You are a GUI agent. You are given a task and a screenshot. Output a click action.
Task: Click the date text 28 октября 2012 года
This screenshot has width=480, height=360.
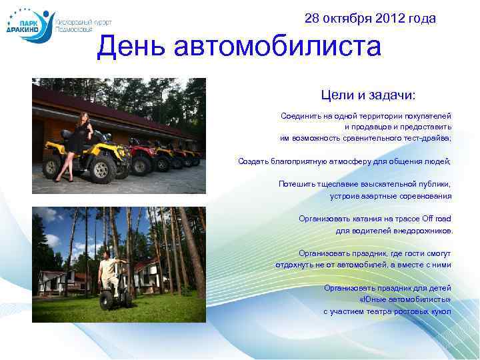click(x=370, y=19)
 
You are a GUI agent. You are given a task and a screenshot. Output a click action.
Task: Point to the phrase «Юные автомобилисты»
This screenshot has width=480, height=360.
click(x=405, y=299)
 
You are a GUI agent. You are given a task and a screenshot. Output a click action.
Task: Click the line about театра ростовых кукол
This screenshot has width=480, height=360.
click(x=387, y=311)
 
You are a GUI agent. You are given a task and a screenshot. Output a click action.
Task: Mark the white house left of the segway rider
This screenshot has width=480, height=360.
click(x=57, y=280)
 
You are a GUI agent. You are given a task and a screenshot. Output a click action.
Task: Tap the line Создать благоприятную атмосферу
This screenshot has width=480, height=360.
click(x=344, y=161)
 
